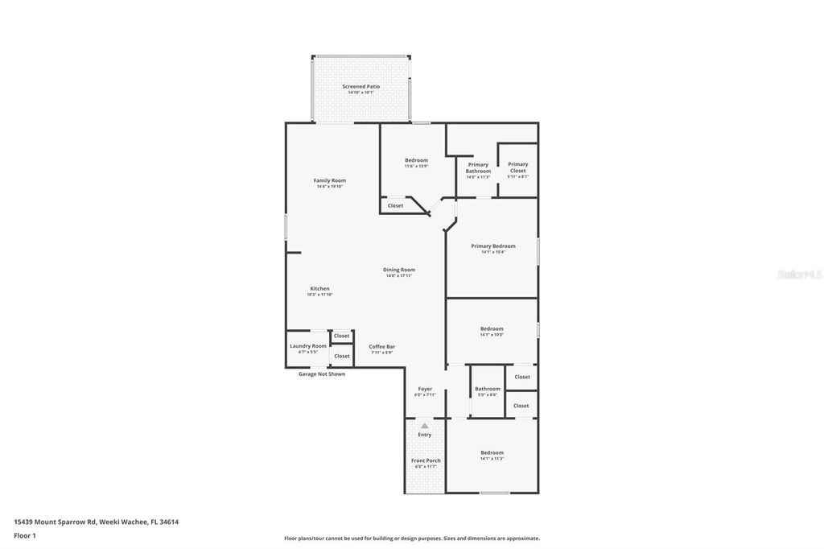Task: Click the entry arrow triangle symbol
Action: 425,425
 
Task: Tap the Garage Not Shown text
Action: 321,374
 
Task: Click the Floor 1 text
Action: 25,535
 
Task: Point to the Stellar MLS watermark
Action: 799,274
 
